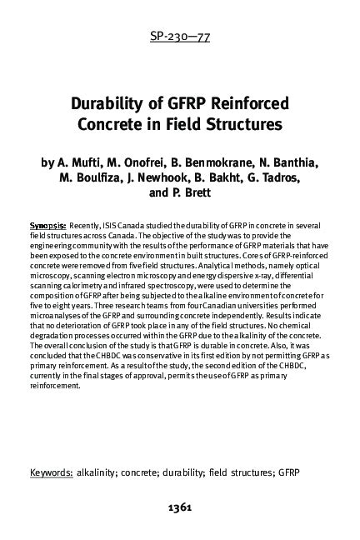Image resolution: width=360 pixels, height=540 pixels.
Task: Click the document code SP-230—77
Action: [179, 36]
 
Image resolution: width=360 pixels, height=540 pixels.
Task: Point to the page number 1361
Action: [180, 506]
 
